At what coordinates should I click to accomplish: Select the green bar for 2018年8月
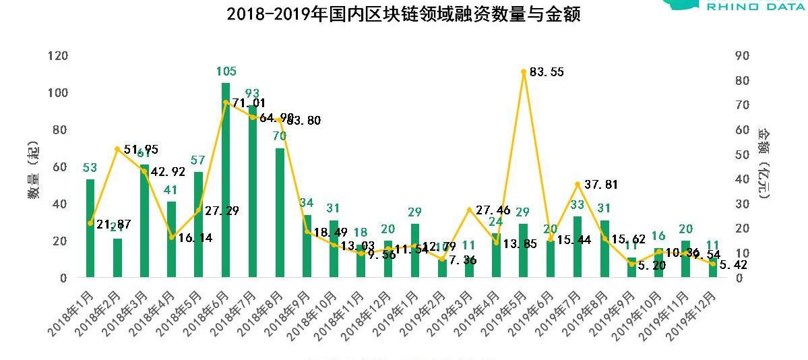pos(280,212)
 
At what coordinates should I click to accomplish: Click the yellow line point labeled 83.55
pos(524,71)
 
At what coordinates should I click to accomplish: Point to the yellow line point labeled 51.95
pos(117,149)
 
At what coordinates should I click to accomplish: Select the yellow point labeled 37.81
pos(578,184)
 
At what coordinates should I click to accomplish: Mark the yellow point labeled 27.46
pos(469,210)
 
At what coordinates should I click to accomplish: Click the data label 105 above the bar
pos(226,71)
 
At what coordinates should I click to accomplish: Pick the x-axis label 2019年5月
pos(505,311)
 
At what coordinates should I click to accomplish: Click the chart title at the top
pos(404,14)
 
